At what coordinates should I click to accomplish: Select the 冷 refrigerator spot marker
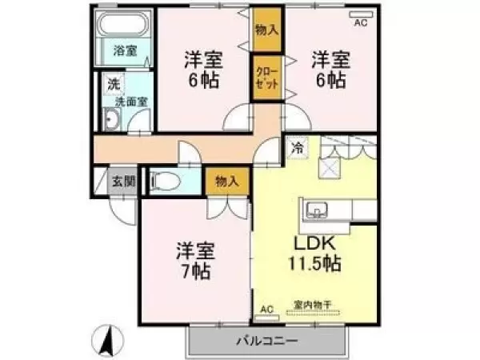pyautogui.click(x=297, y=147)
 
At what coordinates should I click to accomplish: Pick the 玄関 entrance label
pyautogui.click(x=122, y=181)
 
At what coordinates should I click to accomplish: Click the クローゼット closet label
pyautogui.click(x=266, y=78)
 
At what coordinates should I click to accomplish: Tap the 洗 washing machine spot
pyautogui.click(x=114, y=83)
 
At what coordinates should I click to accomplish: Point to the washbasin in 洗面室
pyautogui.click(x=113, y=121)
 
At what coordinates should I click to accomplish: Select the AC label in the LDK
pyautogui.click(x=266, y=309)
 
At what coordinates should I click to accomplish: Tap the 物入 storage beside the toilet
pyautogui.click(x=226, y=182)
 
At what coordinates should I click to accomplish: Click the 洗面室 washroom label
pyautogui.click(x=130, y=102)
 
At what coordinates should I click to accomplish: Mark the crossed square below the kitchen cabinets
pyautogui.click(x=330, y=167)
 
